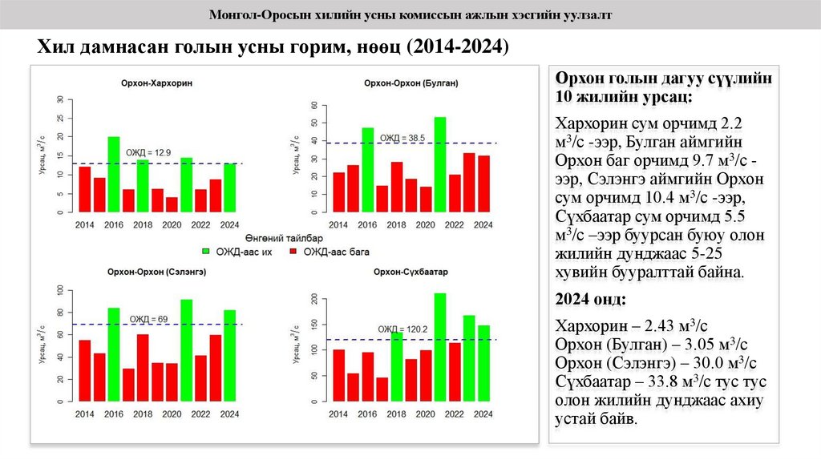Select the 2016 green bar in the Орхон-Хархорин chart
click(114, 175)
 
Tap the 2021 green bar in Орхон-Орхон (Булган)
click(440, 164)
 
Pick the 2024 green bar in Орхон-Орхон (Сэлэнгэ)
click(229, 354)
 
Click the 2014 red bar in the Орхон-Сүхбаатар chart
click(338, 374)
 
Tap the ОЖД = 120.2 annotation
click(402, 329)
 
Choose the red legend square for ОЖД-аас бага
click(293, 252)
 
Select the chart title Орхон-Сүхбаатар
click(410, 272)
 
